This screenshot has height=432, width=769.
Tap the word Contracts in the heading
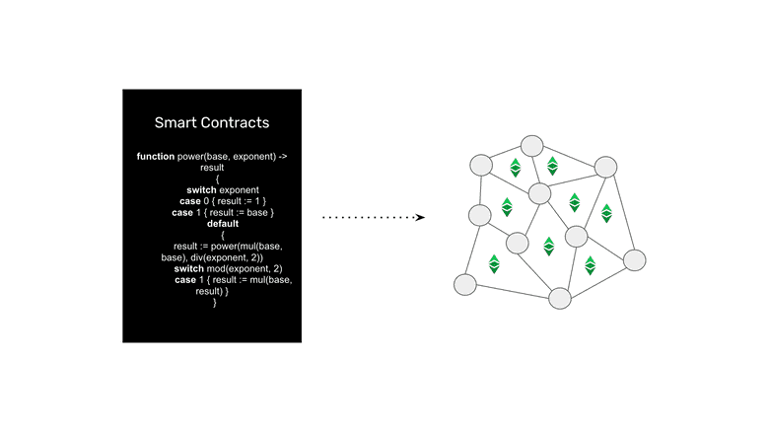click(x=234, y=123)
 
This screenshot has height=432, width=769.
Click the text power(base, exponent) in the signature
click(x=233, y=157)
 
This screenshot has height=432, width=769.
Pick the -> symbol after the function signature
click(x=284, y=157)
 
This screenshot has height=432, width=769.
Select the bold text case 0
click(x=189, y=201)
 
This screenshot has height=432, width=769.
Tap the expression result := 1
click(x=233, y=201)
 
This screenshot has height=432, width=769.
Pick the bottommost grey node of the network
click(x=560, y=297)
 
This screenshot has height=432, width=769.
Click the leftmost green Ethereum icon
click(x=494, y=264)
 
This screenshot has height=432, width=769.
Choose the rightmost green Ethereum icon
click(x=606, y=212)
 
